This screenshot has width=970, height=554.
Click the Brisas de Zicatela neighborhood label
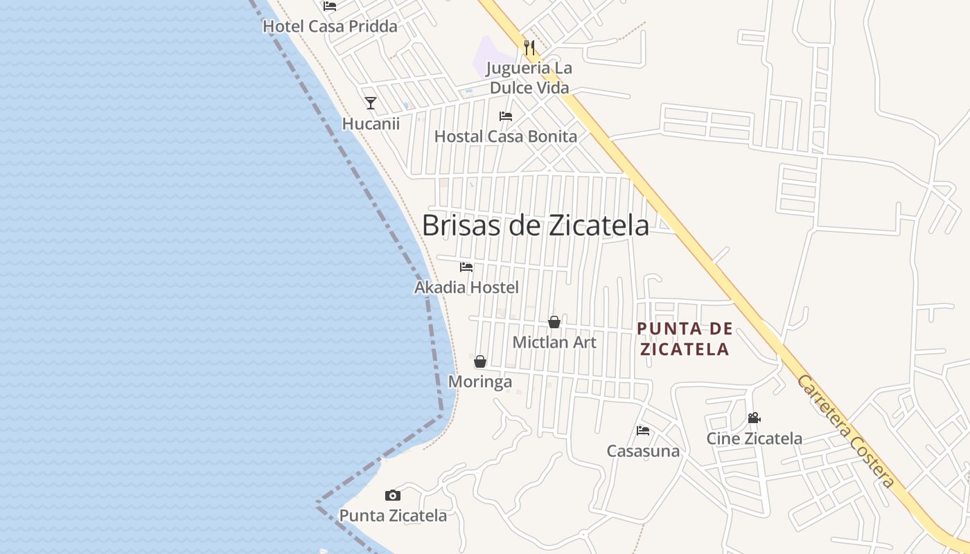click(535, 225)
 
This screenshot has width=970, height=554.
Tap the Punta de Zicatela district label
click(685, 339)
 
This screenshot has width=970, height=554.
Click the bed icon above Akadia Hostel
click(466, 267)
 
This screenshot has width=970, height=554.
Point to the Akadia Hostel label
click(466, 287)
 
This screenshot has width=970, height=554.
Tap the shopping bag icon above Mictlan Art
click(554, 322)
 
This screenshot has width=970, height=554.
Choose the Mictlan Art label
click(554, 342)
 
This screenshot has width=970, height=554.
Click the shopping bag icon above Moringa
click(480, 361)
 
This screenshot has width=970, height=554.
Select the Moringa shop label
click(480, 382)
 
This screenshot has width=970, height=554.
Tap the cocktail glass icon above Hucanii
click(371, 103)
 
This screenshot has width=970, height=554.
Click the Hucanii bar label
click(371, 123)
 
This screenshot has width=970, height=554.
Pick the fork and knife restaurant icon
click(529, 47)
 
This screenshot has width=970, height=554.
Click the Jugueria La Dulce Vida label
click(529, 78)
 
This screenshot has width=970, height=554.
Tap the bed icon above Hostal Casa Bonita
click(506, 116)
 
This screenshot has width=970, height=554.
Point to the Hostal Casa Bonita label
click(506, 136)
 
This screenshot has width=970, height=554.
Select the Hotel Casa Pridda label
click(330, 26)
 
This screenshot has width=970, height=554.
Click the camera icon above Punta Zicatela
click(393, 495)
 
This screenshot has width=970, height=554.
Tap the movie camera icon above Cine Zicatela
click(754, 418)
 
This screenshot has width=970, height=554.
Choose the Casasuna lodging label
click(643, 451)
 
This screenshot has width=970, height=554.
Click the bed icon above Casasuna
click(643, 431)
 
